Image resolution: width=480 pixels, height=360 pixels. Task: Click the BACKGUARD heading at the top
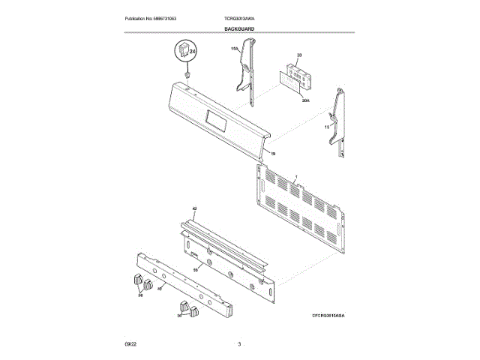(239, 28)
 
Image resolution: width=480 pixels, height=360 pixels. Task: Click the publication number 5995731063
(156, 18)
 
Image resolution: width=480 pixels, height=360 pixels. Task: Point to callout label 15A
(234, 49)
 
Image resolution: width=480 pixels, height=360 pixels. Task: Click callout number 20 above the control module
(298, 55)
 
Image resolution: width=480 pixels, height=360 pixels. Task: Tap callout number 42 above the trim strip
(193, 208)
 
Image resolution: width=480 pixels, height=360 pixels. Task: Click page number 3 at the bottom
(238, 343)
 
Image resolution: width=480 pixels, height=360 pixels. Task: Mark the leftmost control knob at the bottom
(136, 280)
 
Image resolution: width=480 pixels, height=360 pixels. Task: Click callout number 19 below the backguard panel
(273, 154)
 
